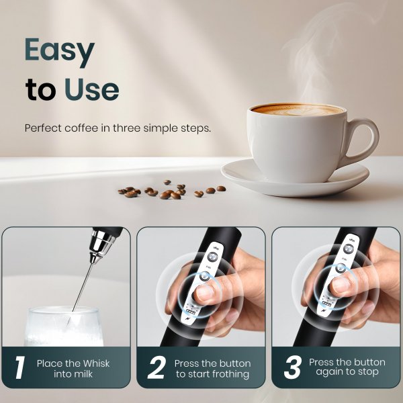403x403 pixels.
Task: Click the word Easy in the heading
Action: pos(60,51)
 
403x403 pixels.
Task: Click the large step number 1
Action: pos(19,367)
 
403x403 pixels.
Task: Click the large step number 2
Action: pos(155,367)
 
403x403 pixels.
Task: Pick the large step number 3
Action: pos(292,367)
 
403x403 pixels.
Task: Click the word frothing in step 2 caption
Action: pos(224,373)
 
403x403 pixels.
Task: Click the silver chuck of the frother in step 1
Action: pos(101,242)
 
